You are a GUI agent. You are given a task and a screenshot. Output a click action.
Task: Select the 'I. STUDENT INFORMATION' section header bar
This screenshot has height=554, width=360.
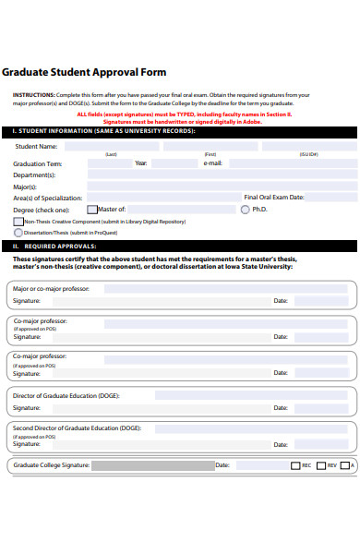(180, 131)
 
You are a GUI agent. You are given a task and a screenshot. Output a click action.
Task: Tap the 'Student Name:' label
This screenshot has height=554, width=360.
(36, 146)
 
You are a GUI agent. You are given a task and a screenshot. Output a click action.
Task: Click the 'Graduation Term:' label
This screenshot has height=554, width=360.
(38, 163)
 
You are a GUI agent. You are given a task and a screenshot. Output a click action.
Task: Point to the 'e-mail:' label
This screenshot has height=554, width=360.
(212, 163)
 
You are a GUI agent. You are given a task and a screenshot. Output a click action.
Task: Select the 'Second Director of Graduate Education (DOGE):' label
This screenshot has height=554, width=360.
(77, 428)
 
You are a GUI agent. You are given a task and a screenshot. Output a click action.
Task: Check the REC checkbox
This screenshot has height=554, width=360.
(295, 465)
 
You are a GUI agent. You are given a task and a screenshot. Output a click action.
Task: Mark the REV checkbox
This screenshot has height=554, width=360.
(320, 465)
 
